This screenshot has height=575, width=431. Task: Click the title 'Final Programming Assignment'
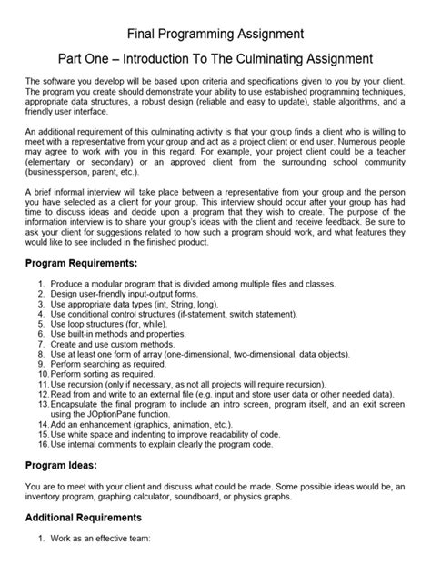(x=215, y=34)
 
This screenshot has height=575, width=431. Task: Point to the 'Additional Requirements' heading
(x=88, y=517)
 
